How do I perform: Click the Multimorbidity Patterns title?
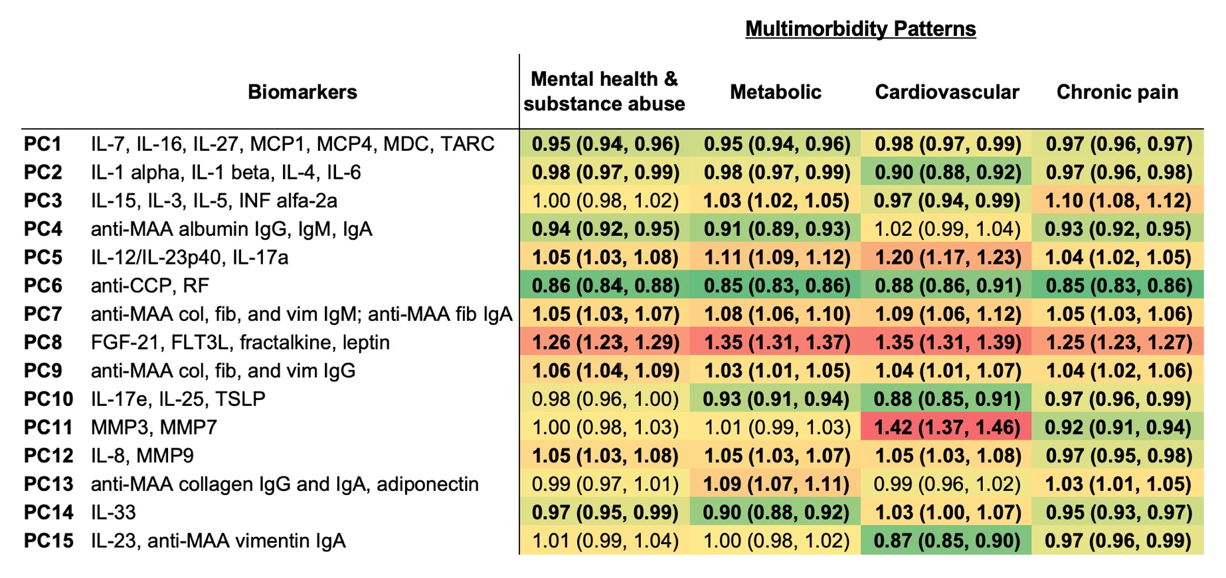[x=860, y=29]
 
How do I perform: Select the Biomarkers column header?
[x=302, y=92]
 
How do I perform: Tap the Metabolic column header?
[x=775, y=92]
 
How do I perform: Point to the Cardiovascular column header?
[x=946, y=92]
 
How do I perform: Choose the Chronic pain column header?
[x=1117, y=92]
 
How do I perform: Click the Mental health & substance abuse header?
[x=604, y=91]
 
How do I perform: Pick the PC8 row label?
[x=43, y=342]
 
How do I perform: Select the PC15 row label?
[x=48, y=540]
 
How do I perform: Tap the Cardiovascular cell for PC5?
[x=947, y=257]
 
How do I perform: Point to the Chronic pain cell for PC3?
[x=1118, y=201]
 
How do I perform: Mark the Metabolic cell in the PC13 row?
[x=776, y=484]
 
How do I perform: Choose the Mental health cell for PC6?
[x=605, y=286]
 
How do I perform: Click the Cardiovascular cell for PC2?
[x=947, y=172]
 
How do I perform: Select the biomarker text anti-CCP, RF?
[x=150, y=286]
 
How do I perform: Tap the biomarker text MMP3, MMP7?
[x=154, y=427]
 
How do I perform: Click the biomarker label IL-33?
[x=114, y=512]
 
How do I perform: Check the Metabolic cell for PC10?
[x=776, y=399]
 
